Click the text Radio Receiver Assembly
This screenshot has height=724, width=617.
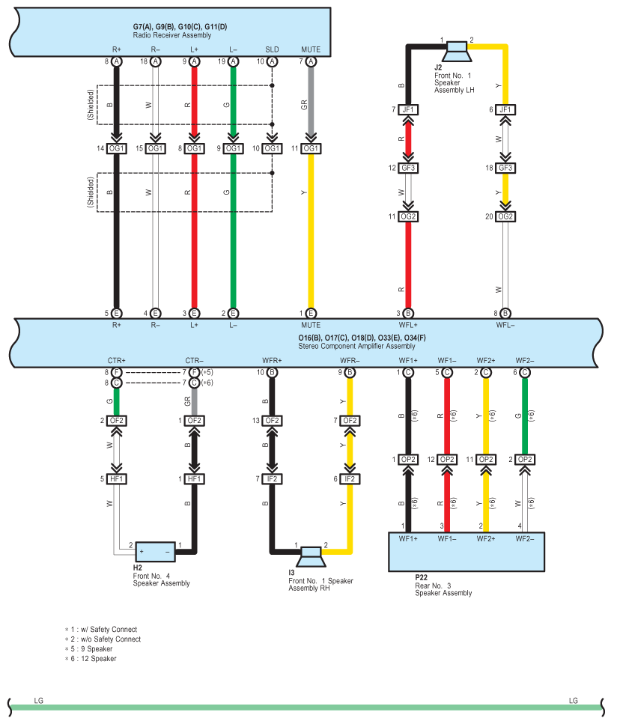171,35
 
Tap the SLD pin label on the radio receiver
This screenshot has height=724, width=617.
272,49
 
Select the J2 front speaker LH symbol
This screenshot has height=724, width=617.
456,51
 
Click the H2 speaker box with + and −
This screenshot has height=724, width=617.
155,552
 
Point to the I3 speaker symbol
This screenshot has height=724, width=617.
311,557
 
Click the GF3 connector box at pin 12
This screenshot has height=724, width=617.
408,168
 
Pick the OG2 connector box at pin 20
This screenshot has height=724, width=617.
505,216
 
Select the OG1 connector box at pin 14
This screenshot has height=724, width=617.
116,148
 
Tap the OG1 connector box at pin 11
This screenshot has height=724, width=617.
311,148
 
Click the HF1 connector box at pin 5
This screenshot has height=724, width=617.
116,479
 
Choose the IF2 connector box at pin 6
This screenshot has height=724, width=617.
350,479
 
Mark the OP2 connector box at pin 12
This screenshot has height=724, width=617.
447,460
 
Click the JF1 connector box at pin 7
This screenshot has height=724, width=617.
408,109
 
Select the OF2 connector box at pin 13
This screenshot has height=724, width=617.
272,421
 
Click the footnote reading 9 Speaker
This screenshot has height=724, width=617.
97,648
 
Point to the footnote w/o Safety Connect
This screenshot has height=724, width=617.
111,639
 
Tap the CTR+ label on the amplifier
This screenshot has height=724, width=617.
116,361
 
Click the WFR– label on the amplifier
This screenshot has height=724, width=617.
350,361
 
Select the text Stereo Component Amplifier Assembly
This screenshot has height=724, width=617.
356,347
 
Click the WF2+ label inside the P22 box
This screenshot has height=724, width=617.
486,539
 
